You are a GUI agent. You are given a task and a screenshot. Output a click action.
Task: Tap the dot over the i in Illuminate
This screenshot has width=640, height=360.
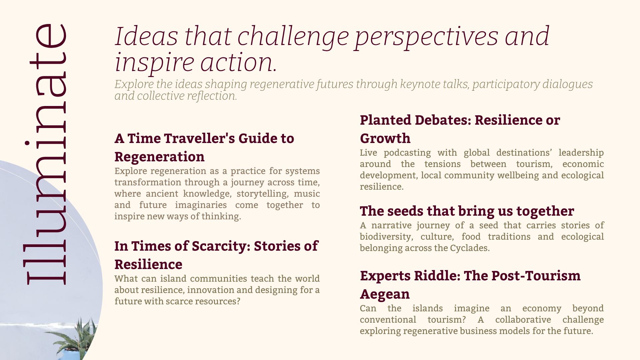pos(27,143)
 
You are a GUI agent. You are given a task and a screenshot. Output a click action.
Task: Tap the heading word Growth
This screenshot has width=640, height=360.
pos(385,138)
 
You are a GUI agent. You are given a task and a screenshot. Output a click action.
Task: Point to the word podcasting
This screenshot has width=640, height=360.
pos(407,153)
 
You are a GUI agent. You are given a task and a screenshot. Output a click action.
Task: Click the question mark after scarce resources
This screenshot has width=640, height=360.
pos(238,301)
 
